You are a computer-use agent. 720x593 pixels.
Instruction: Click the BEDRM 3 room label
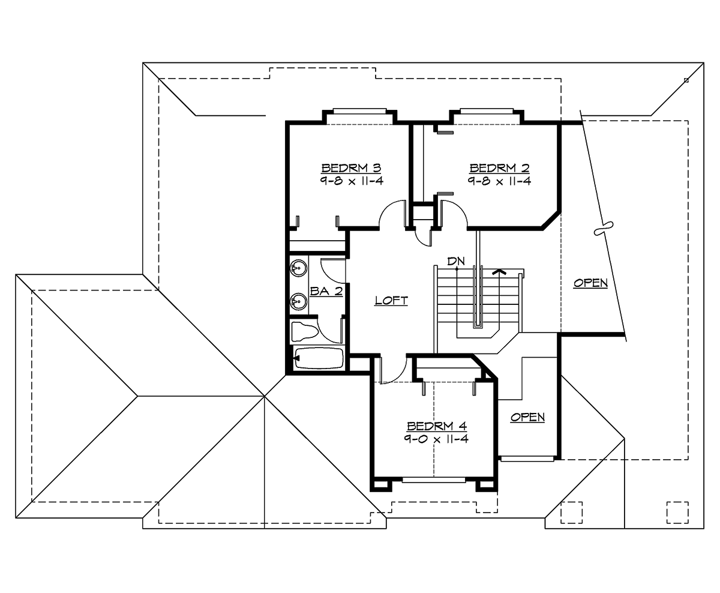(x=352, y=167)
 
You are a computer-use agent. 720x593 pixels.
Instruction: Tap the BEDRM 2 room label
(x=500, y=167)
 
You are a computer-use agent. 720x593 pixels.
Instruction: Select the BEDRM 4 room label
(x=437, y=426)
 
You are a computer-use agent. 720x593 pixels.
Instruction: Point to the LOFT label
(x=391, y=301)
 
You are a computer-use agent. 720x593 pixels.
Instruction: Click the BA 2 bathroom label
(x=326, y=291)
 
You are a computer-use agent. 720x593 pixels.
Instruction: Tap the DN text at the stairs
(x=456, y=261)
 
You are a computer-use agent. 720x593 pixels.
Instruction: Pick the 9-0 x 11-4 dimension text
(x=437, y=439)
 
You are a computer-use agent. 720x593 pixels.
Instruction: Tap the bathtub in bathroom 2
(x=318, y=359)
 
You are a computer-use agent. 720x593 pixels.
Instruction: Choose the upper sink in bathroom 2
(x=298, y=268)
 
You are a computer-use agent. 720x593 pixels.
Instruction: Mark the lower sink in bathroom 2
(x=298, y=300)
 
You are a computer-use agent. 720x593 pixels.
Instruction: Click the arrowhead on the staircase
(x=497, y=271)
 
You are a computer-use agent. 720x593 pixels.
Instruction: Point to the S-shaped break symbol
(x=602, y=229)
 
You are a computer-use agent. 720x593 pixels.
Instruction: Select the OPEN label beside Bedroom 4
(x=528, y=417)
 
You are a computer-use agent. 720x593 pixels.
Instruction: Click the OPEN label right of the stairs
(x=590, y=283)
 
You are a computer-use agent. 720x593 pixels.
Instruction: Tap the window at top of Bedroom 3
(x=359, y=110)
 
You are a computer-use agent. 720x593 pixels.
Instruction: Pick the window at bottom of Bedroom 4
(x=433, y=480)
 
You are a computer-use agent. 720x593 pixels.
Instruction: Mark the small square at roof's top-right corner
(x=686, y=80)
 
